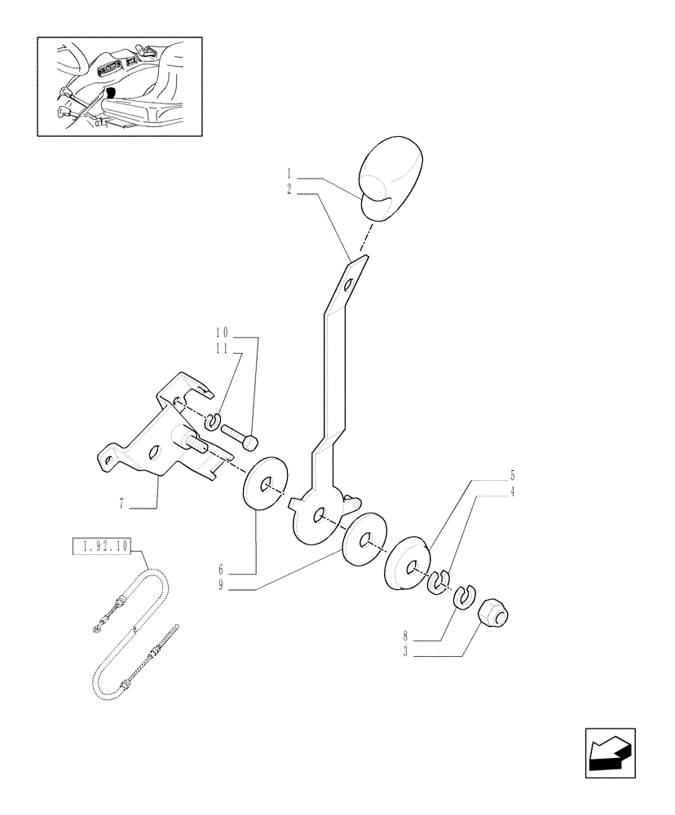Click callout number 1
pos(289,174)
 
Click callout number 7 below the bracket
pos(122,504)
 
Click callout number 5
pos(513,474)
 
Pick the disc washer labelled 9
pos(364,538)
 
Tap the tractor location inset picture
pos(120,86)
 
